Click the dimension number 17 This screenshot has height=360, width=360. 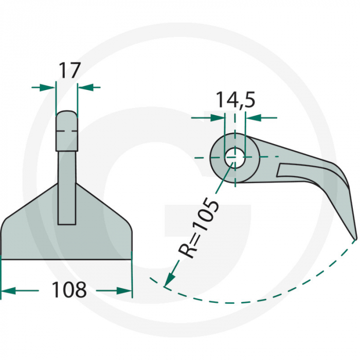point(69,70)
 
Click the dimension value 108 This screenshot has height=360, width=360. point(68,291)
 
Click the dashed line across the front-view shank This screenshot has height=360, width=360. point(67,132)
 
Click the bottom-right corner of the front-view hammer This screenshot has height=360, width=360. point(131,258)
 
